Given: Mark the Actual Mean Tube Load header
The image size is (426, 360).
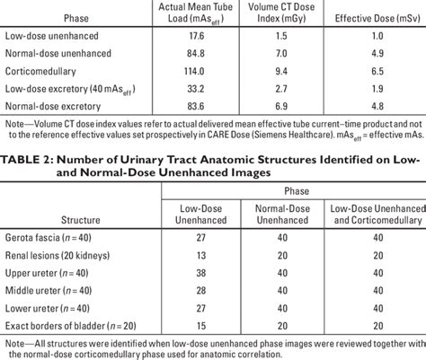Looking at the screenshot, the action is click(189, 11).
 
